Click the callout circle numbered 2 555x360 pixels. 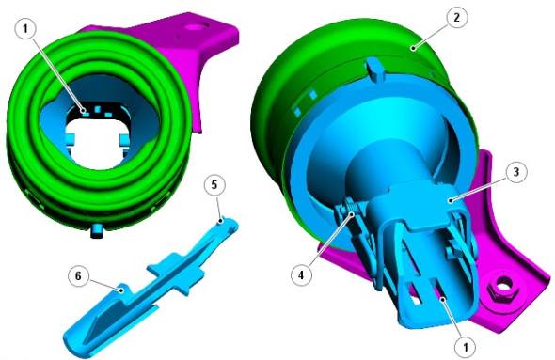point(456,17)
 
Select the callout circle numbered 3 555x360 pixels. point(516,172)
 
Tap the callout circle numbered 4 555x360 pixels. point(301,274)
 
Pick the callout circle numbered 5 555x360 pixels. point(214,185)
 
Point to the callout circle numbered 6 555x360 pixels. point(78,275)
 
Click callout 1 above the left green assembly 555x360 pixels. point(25,29)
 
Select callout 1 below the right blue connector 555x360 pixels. point(466,347)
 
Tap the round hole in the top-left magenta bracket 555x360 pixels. point(194,26)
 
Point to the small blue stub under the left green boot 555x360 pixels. point(96,230)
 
